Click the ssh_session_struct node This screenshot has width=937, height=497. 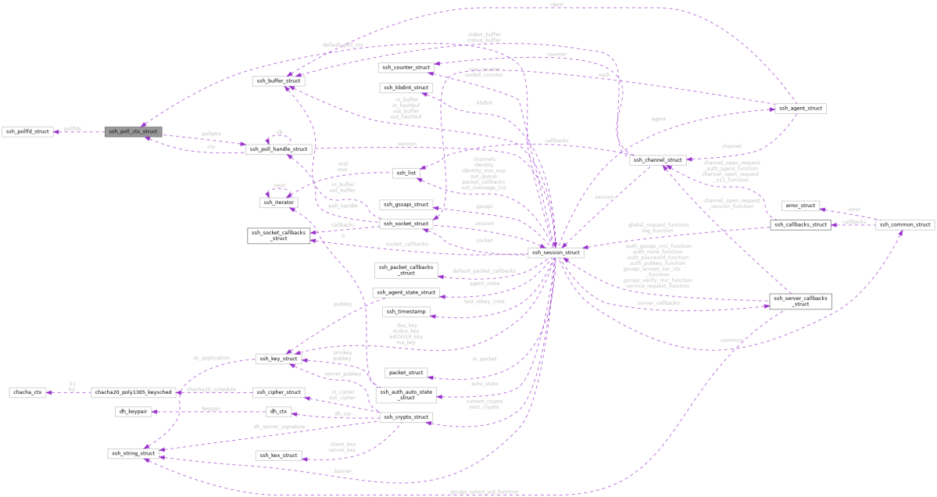(x=556, y=254)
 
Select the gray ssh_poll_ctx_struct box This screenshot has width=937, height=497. (x=133, y=131)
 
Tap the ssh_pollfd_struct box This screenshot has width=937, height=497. (x=27, y=131)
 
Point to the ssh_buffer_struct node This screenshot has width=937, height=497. (x=277, y=80)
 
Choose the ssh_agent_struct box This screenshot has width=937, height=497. (x=799, y=108)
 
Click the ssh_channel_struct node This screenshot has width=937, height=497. (x=658, y=159)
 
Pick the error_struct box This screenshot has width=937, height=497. (x=800, y=206)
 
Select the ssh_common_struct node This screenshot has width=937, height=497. (x=903, y=224)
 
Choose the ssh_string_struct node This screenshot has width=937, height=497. (x=134, y=453)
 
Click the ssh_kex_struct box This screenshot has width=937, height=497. (x=278, y=455)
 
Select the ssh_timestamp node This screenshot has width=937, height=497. (x=405, y=311)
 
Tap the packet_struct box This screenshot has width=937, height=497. (x=405, y=373)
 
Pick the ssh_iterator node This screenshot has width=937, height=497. (x=278, y=202)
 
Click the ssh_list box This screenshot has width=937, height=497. (x=406, y=172)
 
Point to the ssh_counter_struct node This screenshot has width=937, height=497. (x=405, y=68)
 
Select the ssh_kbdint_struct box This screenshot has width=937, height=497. (x=405, y=88)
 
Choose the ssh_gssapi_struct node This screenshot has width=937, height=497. (x=405, y=205)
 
